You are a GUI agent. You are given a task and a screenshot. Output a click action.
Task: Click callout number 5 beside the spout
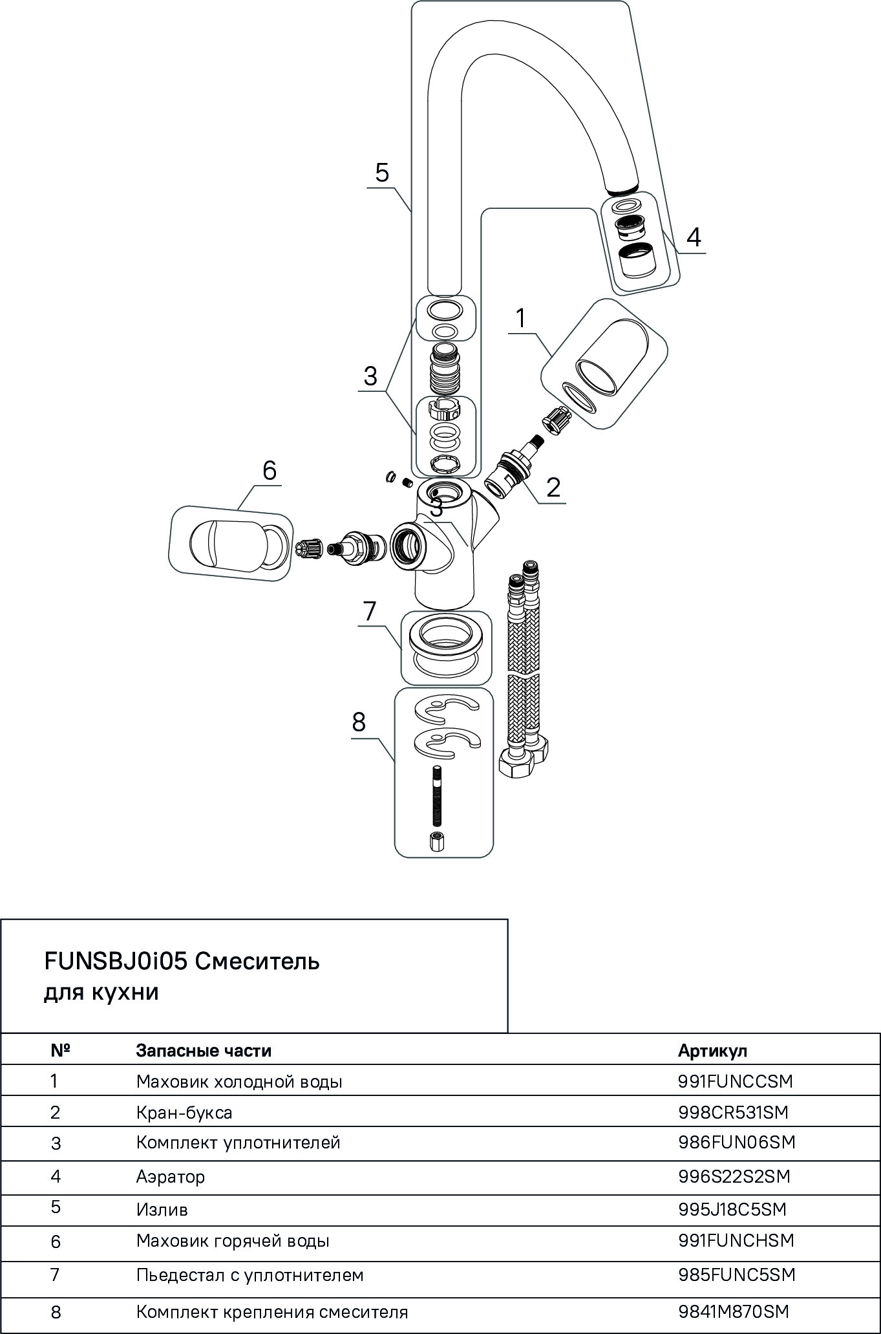click(x=382, y=173)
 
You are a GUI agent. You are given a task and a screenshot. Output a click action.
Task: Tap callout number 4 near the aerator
click(x=693, y=237)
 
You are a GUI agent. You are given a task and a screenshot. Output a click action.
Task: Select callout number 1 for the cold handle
click(x=521, y=319)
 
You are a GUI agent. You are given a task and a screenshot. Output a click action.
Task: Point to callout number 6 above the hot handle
click(x=269, y=470)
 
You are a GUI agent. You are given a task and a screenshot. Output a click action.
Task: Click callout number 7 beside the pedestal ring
click(x=369, y=610)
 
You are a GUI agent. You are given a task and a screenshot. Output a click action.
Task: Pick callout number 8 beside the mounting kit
click(x=359, y=722)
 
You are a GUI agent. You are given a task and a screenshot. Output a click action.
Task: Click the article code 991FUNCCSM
click(x=735, y=1081)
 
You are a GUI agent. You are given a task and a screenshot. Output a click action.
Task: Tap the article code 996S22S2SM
click(x=734, y=1176)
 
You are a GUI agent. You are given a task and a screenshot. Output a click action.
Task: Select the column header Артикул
click(x=712, y=1051)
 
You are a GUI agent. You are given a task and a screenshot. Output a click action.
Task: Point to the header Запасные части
click(x=204, y=1051)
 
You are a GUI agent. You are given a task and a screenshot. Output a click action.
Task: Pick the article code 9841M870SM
click(x=734, y=1312)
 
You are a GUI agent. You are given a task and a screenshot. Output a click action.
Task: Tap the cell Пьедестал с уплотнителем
click(x=249, y=1275)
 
